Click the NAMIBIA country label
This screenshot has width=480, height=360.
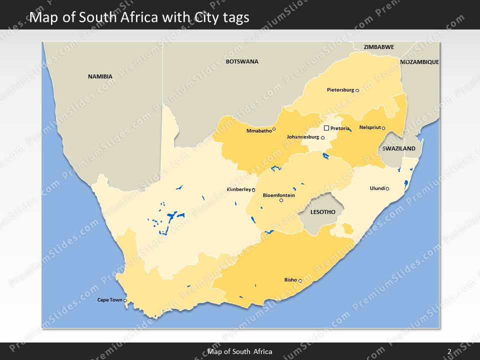point(100,76)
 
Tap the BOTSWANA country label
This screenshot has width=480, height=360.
point(242,61)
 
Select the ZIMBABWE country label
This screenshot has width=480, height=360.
point(378,47)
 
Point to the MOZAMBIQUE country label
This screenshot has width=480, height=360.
point(419,62)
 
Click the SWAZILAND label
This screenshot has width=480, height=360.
point(398,149)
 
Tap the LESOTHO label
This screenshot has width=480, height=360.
point(322,212)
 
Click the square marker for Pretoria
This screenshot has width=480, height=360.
point(326,128)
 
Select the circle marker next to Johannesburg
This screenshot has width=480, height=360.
point(322,137)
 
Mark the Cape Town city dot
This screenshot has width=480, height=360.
point(125,300)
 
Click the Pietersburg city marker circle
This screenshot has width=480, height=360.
point(357,90)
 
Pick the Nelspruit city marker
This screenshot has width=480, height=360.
point(383,128)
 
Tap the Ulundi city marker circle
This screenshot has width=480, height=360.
point(387,188)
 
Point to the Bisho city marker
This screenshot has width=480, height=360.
point(300,281)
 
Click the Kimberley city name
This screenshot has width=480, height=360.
point(238,189)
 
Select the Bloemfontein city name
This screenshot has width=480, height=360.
point(279,195)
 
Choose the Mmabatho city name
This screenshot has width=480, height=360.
point(259,131)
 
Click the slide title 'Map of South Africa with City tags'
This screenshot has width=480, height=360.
point(139,17)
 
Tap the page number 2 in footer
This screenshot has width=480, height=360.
point(449,351)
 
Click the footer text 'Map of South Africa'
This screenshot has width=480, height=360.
point(240,351)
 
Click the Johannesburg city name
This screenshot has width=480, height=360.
point(303,137)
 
